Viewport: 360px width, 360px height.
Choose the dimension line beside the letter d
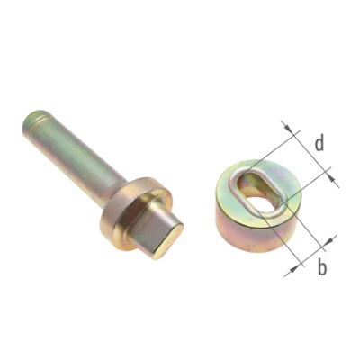click(310, 152)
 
